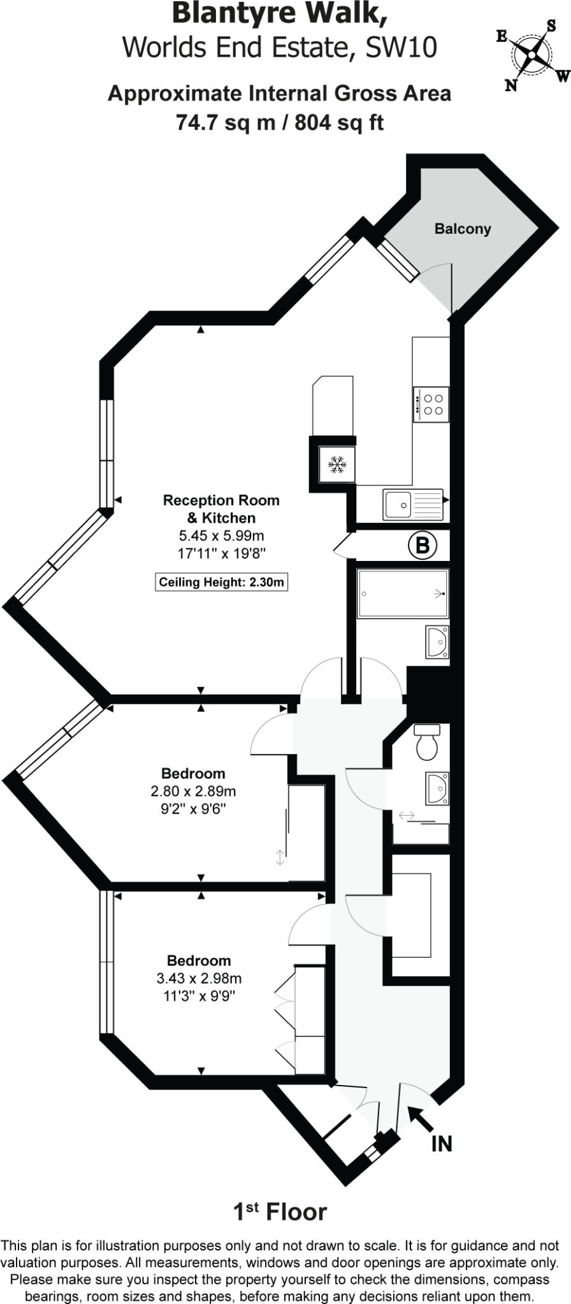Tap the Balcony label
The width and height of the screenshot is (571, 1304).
pyautogui.click(x=463, y=229)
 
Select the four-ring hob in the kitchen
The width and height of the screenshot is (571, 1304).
pyautogui.click(x=431, y=404)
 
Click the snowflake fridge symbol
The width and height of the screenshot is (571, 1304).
pyautogui.click(x=337, y=465)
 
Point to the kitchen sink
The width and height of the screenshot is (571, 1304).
pyautogui.click(x=412, y=504)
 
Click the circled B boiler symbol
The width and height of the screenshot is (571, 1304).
pyautogui.click(x=423, y=545)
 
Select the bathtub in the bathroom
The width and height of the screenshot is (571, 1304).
pyautogui.click(x=403, y=593)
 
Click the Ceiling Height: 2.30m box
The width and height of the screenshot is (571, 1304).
pyautogui.click(x=221, y=582)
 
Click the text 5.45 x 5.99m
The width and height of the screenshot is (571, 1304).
pyautogui.click(x=221, y=536)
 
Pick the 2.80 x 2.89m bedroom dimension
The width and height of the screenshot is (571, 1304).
pyautogui.click(x=193, y=791)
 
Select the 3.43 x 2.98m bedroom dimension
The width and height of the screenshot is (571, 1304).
pyautogui.click(x=199, y=979)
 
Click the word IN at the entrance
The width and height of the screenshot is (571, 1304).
pyautogui.click(x=442, y=1144)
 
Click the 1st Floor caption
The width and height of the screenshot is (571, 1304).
pyautogui.click(x=280, y=1212)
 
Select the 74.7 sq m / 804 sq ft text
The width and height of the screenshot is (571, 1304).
pyautogui.click(x=280, y=121)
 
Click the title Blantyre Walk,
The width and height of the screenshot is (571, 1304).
pyautogui.click(x=280, y=14)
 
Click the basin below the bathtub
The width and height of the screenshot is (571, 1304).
pyautogui.click(x=438, y=642)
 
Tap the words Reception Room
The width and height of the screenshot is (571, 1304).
pyautogui.click(x=221, y=500)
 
